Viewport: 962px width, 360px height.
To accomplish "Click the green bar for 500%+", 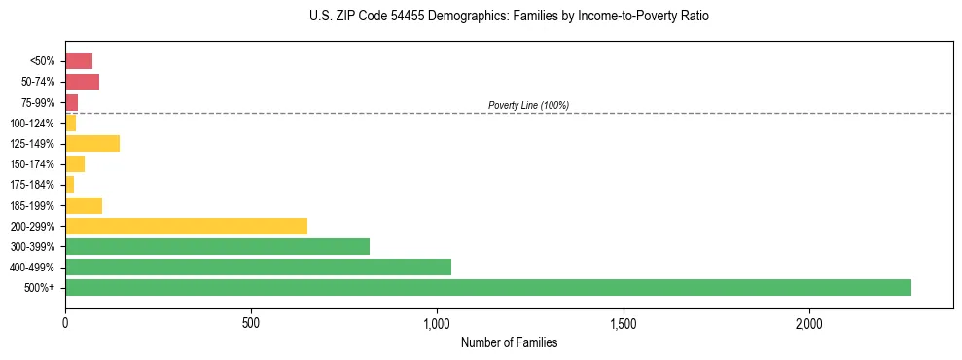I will [x=488, y=287].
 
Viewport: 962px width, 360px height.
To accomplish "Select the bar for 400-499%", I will [x=258, y=267].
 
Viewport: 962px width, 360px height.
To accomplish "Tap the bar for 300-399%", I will [x=217, y=246].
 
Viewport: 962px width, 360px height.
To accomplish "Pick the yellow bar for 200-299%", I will [x=186, y=226].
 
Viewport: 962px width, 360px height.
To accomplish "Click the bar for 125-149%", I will [x=92, y=143].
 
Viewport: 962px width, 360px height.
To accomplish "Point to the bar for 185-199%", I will [x=84, y=205].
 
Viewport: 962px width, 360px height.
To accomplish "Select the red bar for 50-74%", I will [x=82, y=82].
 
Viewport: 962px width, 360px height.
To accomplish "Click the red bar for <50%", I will [x=79, y=61].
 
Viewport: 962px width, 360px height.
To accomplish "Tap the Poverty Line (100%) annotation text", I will [x=528, y=105].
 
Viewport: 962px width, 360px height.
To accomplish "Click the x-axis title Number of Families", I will [x=509, y=342].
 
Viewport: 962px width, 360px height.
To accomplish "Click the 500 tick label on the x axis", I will [x=251, y=322].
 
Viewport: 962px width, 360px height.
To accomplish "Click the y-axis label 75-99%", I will [x=38, y=102].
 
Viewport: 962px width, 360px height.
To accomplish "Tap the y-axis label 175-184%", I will [x=33, y=185].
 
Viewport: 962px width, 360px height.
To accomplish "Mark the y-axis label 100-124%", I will [x=33, y=123].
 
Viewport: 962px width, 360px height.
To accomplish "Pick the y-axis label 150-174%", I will [x=33, y=164].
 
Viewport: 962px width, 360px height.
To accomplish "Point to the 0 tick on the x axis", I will [x=65, y=322].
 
